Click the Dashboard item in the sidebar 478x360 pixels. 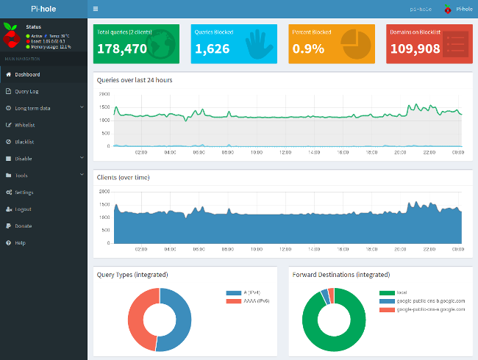pos(27,74)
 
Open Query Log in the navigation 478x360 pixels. pos(26,91)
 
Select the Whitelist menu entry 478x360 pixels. pos(25,125)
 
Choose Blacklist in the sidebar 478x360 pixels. pos(25,142)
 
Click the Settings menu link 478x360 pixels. pos(24,192)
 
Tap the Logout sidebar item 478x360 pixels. pos(23,209)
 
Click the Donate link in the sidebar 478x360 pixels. pos(23,226)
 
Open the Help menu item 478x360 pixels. pos(20,242)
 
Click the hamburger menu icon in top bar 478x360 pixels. pos(96,10)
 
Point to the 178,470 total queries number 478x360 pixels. pos(121,49)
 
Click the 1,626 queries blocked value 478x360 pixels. pos(212,49)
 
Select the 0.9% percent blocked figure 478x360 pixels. pos(307,49)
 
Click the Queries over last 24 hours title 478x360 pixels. pos(135,79)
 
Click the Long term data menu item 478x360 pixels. pos(32,108)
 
